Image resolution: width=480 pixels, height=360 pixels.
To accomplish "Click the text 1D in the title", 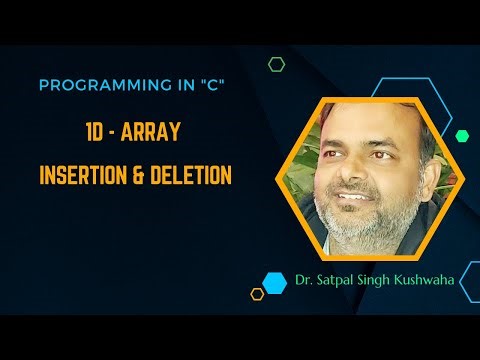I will tap(97, 133).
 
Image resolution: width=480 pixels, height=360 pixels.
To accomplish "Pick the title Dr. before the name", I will tap(305, 281).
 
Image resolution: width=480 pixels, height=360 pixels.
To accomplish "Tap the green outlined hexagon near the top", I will tap(276, 64).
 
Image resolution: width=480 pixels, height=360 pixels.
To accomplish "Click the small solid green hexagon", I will tap(461, 135).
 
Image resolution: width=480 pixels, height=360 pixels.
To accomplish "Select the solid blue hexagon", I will tap(274, 282).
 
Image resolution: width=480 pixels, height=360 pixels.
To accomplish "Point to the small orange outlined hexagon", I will tap(257, 293).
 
